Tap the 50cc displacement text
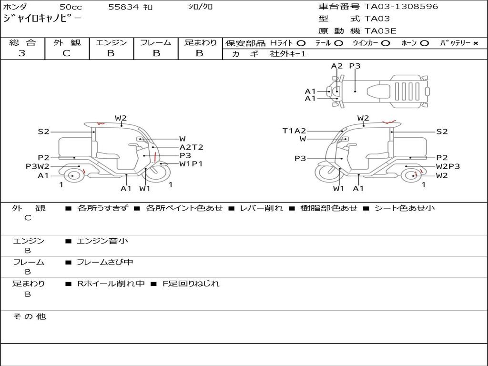point(70,7)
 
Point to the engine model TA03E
point(380,31)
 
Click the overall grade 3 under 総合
point(22,53)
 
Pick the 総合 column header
point(22,42)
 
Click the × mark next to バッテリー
point(475,43)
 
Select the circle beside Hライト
point(301,43)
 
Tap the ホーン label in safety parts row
point(409,43)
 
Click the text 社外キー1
point(288,54)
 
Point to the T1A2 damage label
point(294,131)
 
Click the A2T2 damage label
point(191,147)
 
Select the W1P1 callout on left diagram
point(191,164)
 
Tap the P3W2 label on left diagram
point(38,166)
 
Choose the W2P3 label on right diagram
point(448,166)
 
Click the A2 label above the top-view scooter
point(337,66)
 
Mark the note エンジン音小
point(102,241)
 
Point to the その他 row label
point(29,316)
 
